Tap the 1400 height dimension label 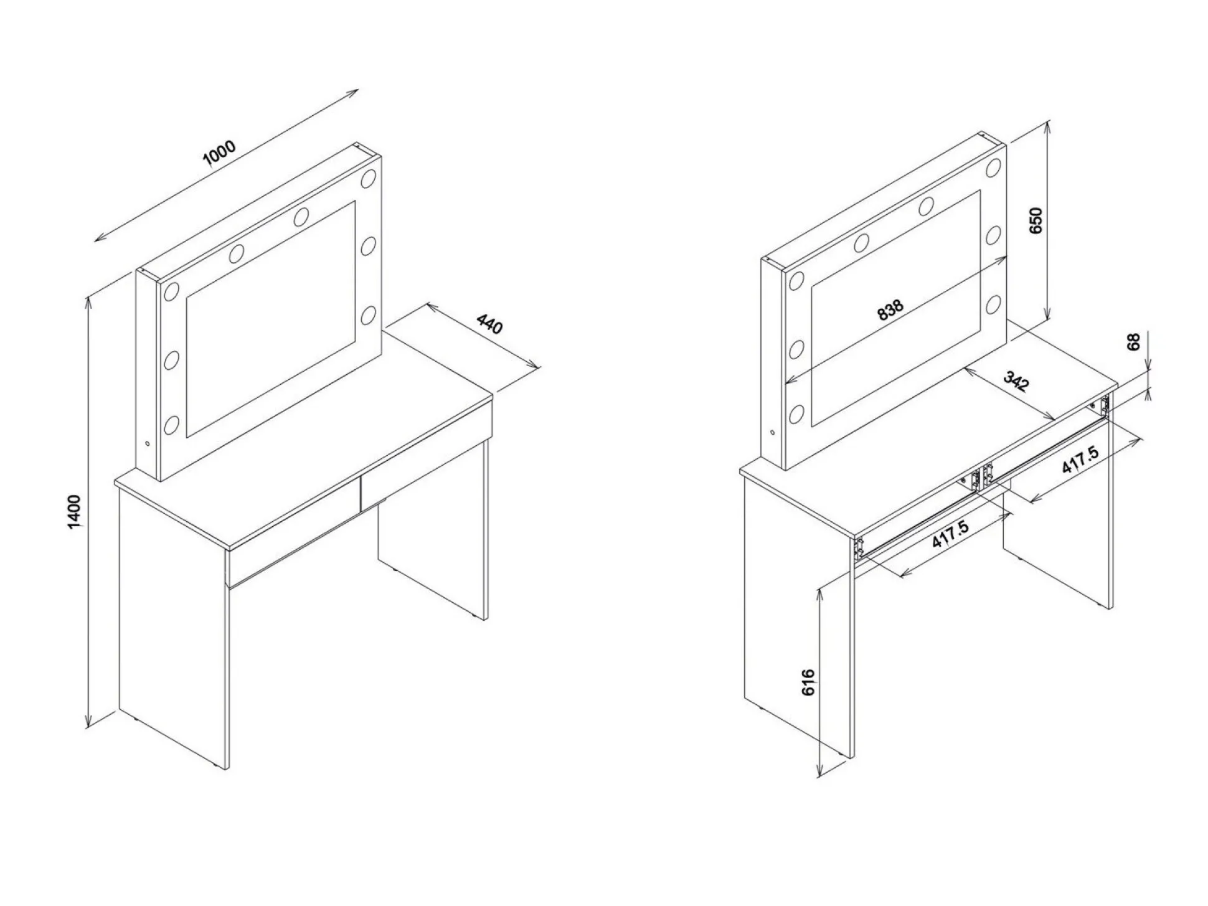(x=75, y=512)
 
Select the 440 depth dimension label (x=489, y=324)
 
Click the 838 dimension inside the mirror (x=890, y=309)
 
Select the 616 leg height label (x=808, y=682)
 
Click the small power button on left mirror (x=147, y=444)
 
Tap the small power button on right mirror (x=773, y=432)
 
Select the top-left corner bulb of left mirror (x=171, y=293)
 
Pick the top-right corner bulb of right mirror (x=993, y=168)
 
